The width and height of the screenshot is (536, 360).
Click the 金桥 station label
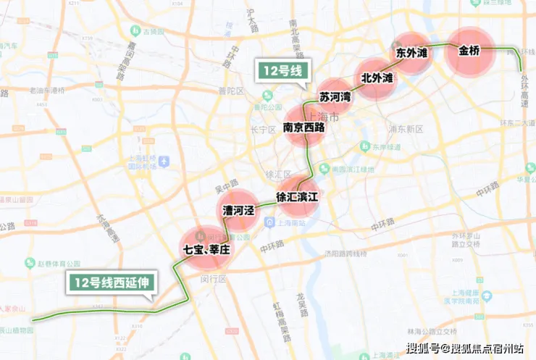click(469, 51)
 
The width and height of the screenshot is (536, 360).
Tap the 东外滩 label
click(411, 54)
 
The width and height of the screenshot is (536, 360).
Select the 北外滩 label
click(377, 78)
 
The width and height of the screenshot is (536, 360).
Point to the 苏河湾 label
click(335, 96)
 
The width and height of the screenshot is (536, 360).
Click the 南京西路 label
click(304, 127)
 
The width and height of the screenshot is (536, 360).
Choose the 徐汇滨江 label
click(297, 196)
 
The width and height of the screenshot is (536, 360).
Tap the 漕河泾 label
click(238, 211)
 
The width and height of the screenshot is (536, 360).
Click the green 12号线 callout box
click(282, 70)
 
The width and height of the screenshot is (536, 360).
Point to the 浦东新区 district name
click(406, 129)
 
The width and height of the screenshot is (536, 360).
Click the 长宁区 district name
click(263, 130)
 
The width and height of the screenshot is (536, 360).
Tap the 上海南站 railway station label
click(290, 222)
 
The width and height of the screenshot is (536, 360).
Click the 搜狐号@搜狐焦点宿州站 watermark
click(464, 348)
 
